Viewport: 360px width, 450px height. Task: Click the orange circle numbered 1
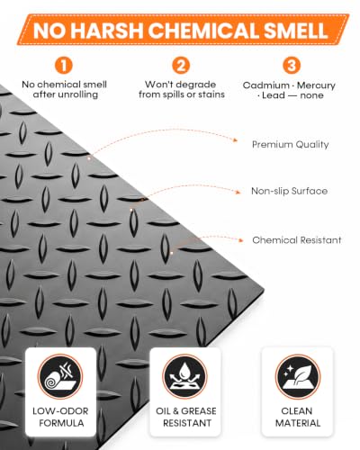tap(63, 65)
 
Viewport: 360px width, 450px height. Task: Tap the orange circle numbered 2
tap(181, 65)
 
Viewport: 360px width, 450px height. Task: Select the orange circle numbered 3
tap(292, 65)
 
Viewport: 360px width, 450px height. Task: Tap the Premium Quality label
tap(291, 145)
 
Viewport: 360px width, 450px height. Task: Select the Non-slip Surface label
tap(289, 191)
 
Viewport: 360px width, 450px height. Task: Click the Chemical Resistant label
tap(297, 240)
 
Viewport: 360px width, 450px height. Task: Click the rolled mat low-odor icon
tap(60, 376)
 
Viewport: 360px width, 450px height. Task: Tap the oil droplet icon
tap(184, 376)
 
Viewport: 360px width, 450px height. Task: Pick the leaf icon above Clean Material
tap(298, 377)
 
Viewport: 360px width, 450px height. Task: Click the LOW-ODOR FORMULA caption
tap(61, 417)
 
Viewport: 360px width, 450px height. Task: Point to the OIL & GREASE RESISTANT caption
tap(186, 417)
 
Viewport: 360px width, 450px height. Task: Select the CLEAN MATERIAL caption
tap(298, 417)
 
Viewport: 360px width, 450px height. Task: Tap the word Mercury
tap(316, 85)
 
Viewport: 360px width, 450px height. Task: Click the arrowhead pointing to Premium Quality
tap(236, 140)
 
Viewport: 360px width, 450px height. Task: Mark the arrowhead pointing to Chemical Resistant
tap(240, 240)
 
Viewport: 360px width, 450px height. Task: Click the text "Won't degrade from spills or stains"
tap(182, 89)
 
